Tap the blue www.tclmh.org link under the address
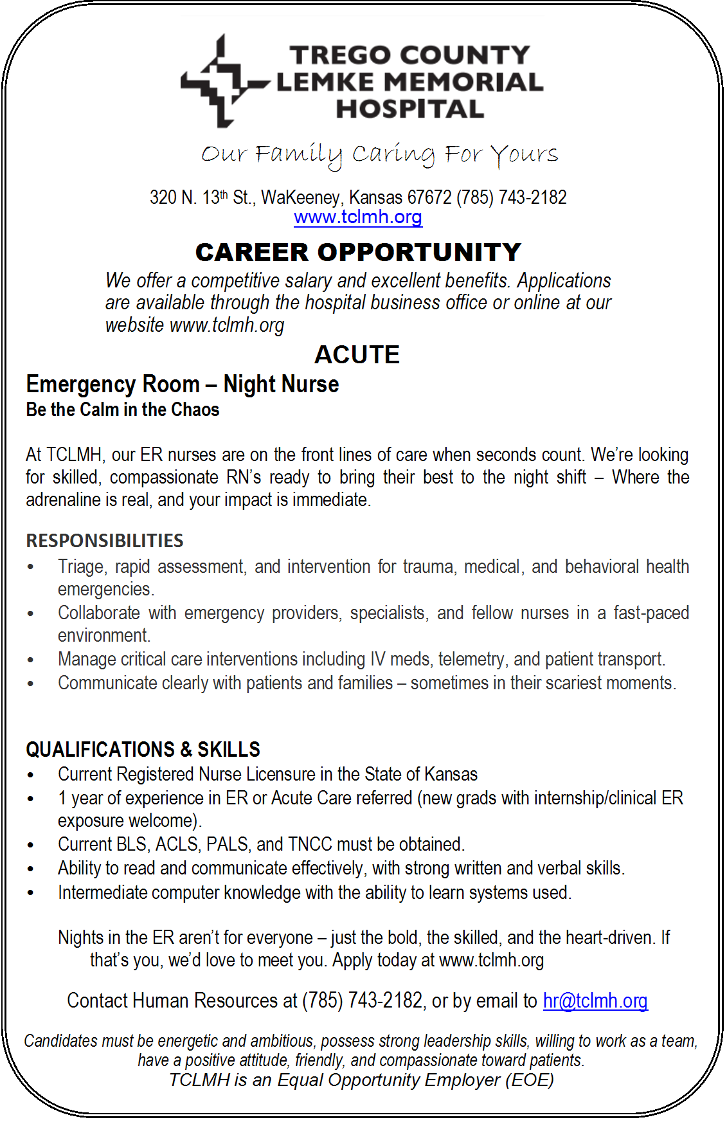click(358, 217)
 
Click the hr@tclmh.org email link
click(595, 1000)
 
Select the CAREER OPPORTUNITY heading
click(358, 252)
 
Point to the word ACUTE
click(357, 355)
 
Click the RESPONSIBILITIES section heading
click(105, 541)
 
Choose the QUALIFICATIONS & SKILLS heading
click(143, 749)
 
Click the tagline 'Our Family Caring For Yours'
click(379, 155)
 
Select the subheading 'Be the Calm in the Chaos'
click(123, 410)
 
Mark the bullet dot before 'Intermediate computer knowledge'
click(31, 893)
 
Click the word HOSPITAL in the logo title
click(410, 109)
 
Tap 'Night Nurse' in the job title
click(281, 385)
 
